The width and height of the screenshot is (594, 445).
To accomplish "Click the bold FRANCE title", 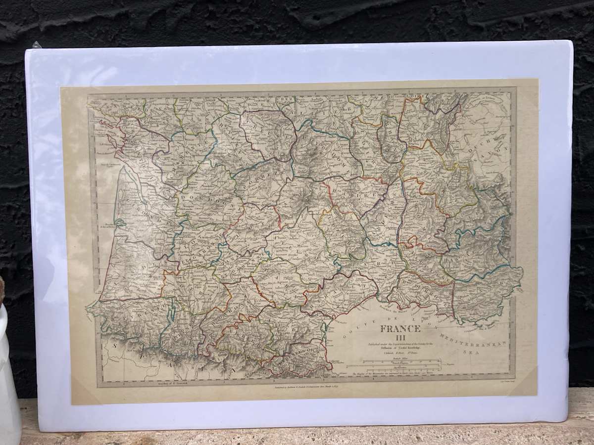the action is (400, 329).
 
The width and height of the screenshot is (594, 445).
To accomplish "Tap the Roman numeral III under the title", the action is (400, 338).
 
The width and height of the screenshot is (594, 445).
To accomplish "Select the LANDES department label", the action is (134, 267).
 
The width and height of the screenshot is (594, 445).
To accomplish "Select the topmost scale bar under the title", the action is (396, 363).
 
